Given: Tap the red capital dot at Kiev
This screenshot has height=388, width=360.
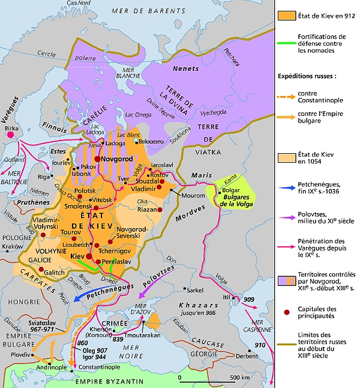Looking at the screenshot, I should pos(88,255).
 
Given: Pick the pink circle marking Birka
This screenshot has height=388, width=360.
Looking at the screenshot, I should pos(10,136).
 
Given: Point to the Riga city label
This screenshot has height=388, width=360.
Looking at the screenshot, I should pos(44,177).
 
